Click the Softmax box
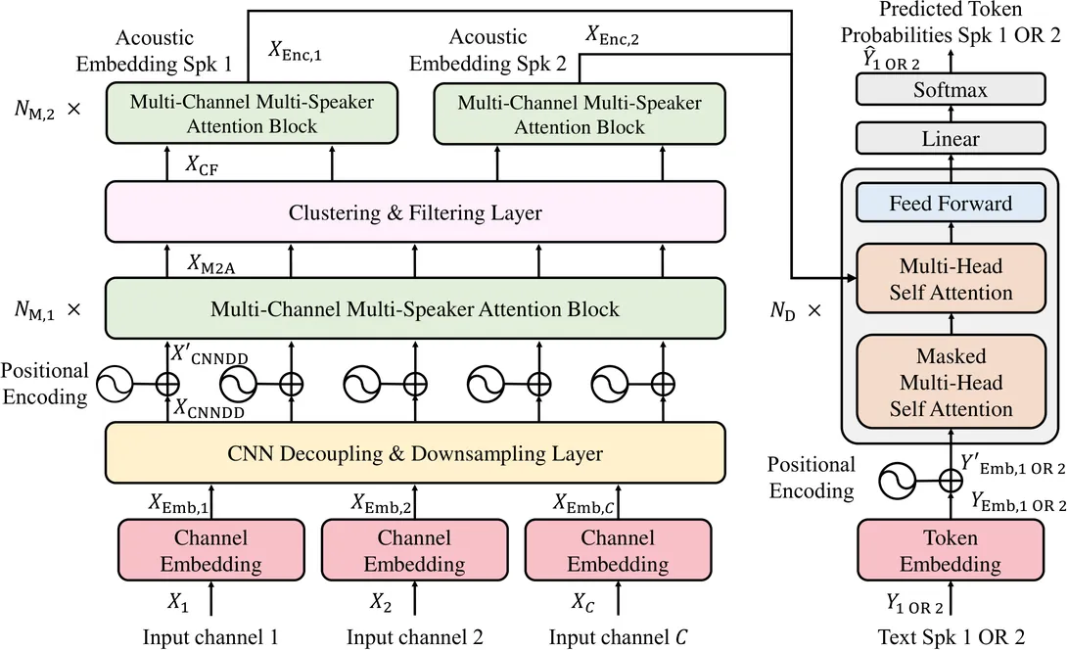coord(950,90)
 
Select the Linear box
coord(950,139)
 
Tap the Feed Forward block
coord(950,205)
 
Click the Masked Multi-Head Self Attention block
coord(950,383)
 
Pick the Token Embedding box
coord(950,551)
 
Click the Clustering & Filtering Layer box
coord(414,212)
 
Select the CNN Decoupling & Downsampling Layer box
coord(414,453)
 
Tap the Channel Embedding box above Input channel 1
coord(210,551)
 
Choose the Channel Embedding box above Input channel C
coord(618,551)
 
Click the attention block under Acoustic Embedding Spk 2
coord(580,115)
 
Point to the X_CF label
coord(202,166)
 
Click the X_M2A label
coord(209,264)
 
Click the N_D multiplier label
coord(795,312)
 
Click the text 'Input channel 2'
coord(414,637)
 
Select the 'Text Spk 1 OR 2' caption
coord(950,637)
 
